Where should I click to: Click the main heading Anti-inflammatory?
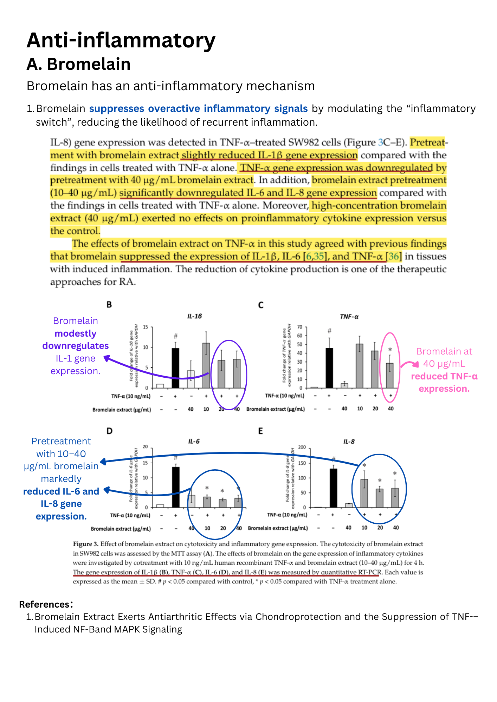(x=121, y=40)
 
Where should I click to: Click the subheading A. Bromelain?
(x=78, y=64)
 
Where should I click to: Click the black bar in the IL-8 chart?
(x=333, y=488)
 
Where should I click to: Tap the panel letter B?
(x=109, y=305)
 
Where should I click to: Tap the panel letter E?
(x=260, y=431)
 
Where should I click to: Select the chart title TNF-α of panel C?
(x=349, y=317)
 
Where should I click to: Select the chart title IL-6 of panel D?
(x=194, y=442)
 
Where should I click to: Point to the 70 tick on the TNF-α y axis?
(x=300, y=327)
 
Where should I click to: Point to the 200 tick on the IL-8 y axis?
(x=302, y=447)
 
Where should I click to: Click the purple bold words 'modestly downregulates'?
(x=76, y=340)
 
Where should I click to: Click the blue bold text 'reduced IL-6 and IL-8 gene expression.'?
(x=61, y=504)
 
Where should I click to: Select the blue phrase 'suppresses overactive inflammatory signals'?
(x=198, y=109)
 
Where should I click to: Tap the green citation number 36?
(x=394, y=257)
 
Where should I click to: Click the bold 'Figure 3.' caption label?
(x=85, y=544)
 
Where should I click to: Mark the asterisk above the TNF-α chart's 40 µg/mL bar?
(x=390, y=350)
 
